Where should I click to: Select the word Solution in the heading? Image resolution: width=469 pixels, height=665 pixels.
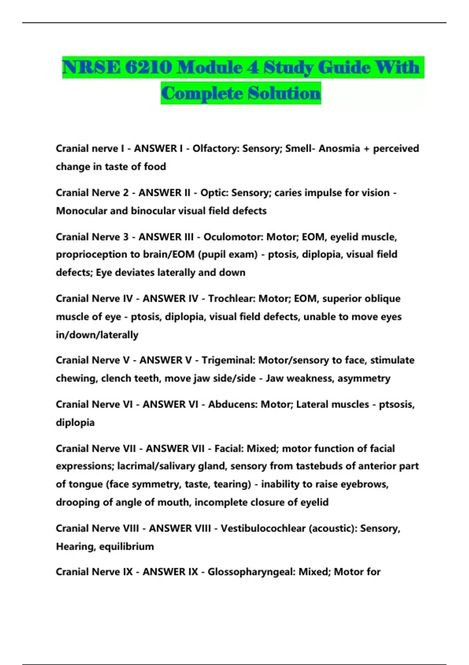tap(284, 93)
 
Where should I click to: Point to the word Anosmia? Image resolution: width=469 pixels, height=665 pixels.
tap(339, 149)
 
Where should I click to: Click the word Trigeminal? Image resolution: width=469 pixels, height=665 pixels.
tap(228, 360)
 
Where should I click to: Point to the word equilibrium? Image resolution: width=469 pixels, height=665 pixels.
tap(126, 546)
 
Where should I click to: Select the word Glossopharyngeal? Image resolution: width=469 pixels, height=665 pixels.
tap(251, 572)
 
